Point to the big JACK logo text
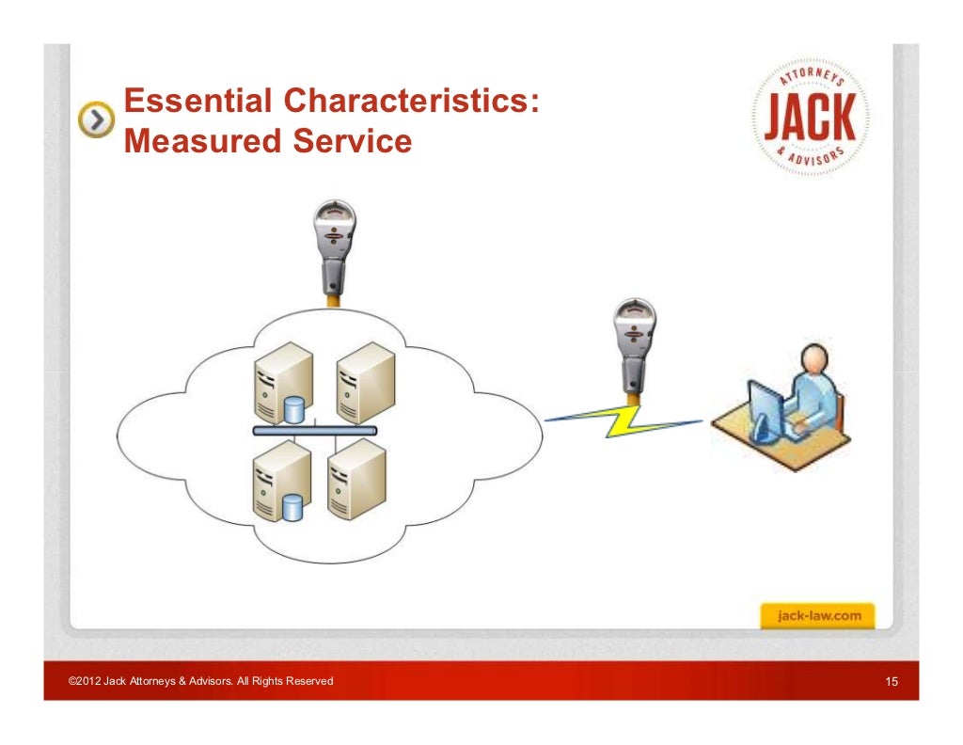click(809, 118)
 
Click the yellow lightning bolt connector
click(625, 420)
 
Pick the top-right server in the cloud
click(362, 381)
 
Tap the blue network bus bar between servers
click(315, 431)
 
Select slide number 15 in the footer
click(892, 681)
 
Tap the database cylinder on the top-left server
click(295, 409)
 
